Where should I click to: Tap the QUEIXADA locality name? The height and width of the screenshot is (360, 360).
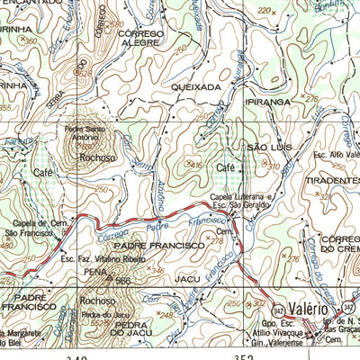pyautogui.click(x=202, y=87)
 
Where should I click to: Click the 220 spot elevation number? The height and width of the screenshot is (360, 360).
pyautogui.click(x=264, y=11)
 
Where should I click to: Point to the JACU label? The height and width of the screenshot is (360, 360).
pyautogui.click(x=187, y=280)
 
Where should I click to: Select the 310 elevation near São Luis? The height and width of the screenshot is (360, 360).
pyautogui.click(x=273, y=166)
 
